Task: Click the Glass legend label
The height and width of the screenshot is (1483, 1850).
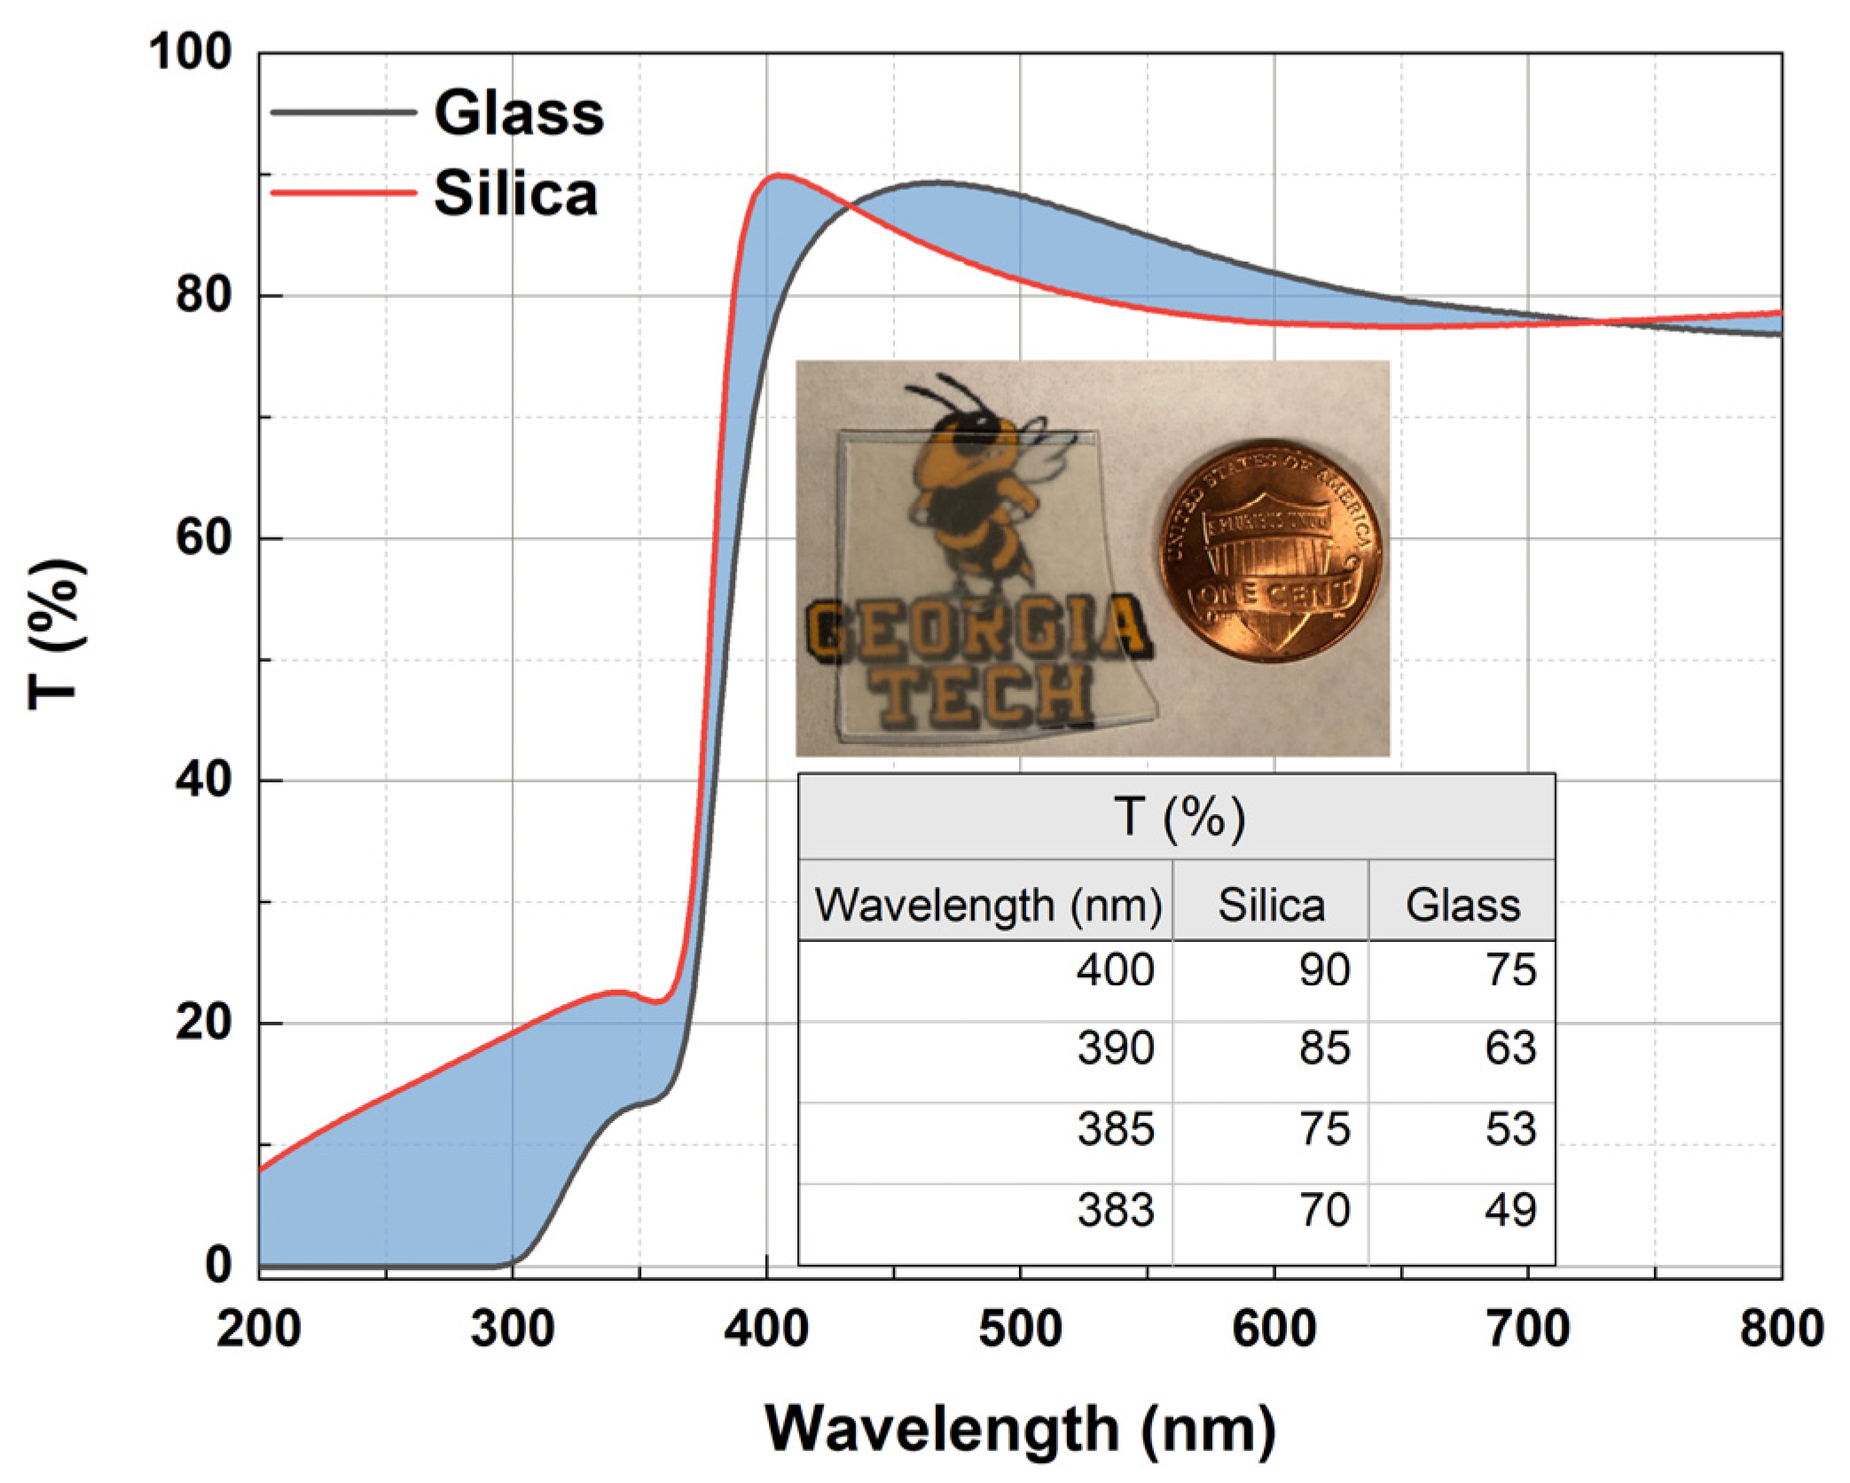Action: [x=519, y=114]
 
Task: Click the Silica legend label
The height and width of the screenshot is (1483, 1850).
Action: [x=515, y=193]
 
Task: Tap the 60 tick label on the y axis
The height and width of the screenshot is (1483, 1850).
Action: [x=204, y=537]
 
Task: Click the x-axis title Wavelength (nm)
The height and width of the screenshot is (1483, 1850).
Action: [x=1020, y=1428]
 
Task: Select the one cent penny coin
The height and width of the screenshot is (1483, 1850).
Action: [x=1271, y=550]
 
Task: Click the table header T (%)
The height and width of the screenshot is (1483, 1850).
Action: [x=1178, y=816]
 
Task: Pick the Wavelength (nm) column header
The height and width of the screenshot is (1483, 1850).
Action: [x=987, y=905]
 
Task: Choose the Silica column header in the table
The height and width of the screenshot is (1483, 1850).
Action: [x=1270, y=905]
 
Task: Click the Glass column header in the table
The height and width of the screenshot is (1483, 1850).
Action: [x=1462, y=905]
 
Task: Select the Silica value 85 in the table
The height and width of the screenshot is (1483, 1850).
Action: [x=1324, y=1048]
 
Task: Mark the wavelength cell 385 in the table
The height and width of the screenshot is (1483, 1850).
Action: [x=1115, y=1129]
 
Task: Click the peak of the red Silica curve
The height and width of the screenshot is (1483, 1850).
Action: [x=779, y=176]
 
